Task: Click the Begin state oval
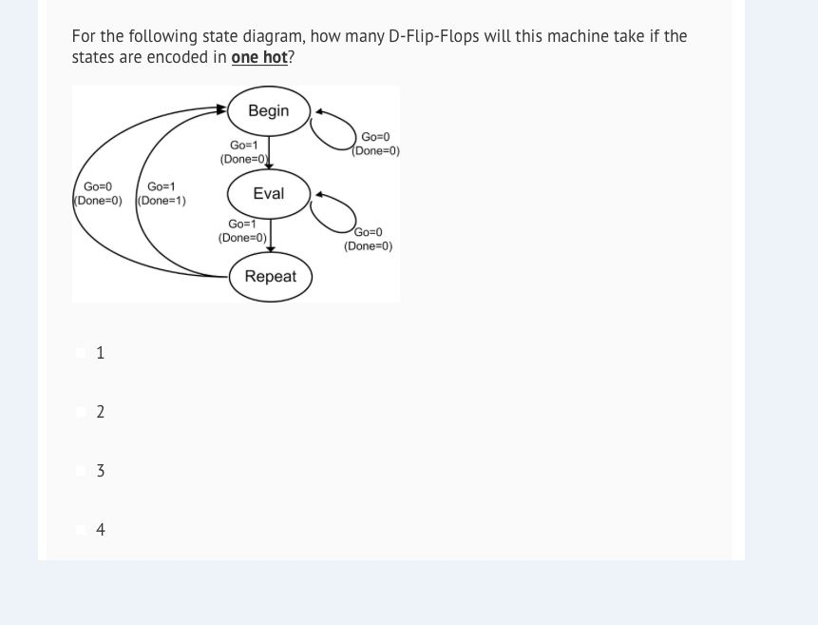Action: coord(269,110)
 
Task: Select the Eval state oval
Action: coord(269,193)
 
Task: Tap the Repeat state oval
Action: coord(271,276)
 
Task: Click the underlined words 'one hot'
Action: coord(259,57)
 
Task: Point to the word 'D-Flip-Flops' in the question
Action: coord(433,36)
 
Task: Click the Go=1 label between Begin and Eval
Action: coord(244,146)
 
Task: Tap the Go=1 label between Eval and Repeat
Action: coord(242,225)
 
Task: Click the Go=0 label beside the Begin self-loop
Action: coord(375,138)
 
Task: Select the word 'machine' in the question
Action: coord(580,36)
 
